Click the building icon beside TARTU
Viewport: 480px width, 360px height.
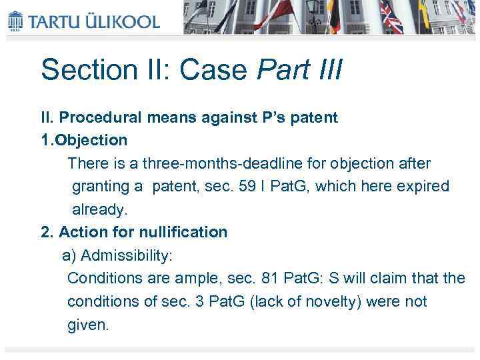(x=15, y=20)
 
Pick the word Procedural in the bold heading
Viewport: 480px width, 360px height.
(x=100, y=118)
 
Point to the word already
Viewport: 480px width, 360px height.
(x=99, y=209)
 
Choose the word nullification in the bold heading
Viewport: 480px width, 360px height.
(x=183, y=232)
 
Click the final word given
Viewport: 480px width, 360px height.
(x=87, y=325)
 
